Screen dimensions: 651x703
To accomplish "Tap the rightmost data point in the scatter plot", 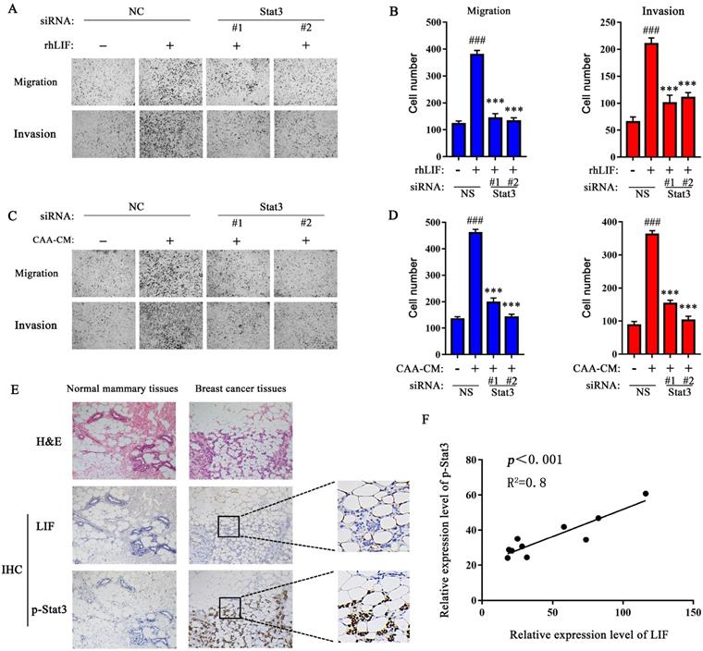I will tap(646, 494).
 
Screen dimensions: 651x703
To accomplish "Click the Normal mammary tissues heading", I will tap(116, 392).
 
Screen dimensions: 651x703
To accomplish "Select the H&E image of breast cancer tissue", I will tap(240, 436).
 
